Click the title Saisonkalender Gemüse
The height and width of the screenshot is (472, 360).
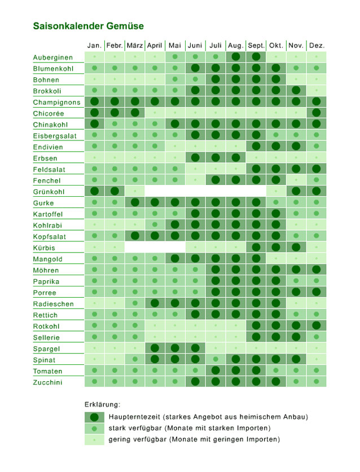[x=88, y=26]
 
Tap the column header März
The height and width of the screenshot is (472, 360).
[x=134, y=45]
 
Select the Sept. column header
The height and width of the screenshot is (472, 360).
[x=256, y=45]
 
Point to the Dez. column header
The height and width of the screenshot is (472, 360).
[x=317, y=45]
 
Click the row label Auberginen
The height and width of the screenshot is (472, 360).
[x=52, y=58]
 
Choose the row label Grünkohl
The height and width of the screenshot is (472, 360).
[x=50, y=192]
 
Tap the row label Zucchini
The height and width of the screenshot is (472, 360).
[x=47, y=382]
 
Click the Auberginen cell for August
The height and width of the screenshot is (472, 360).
[x=235, y=57]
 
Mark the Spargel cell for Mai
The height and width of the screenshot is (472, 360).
[x=175, y=348]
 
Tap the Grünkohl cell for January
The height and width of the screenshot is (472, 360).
[x=94, y=191]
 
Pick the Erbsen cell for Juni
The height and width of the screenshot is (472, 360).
[x=195, y=158]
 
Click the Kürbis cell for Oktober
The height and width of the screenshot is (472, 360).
[x=276, y=247]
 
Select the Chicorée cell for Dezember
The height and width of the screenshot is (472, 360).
[x=317, y=113]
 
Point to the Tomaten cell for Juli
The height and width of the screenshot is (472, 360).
[x=215, y=370]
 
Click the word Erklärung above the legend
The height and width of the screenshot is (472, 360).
[x=102, y=404]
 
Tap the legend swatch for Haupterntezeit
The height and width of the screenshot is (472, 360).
[x=94, y=417]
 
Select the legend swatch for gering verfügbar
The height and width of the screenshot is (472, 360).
[x=94, y=439]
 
